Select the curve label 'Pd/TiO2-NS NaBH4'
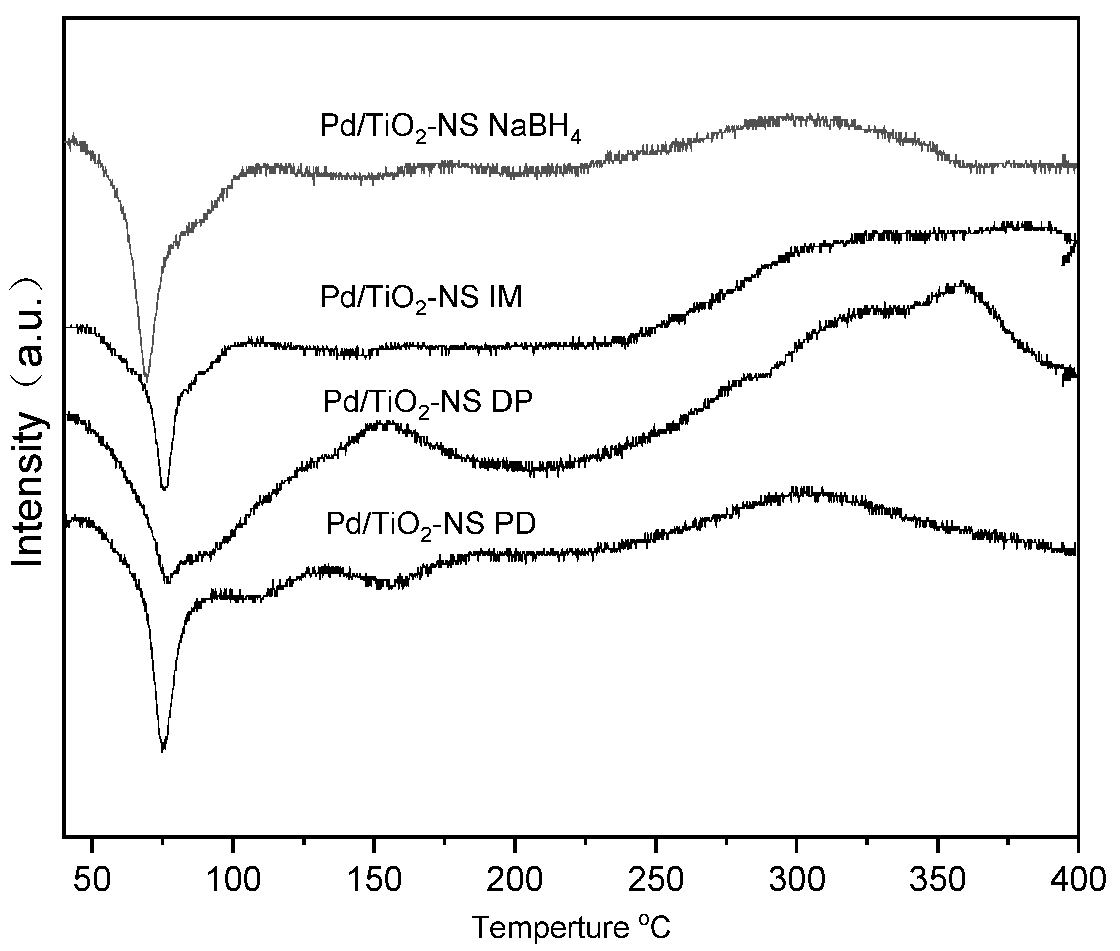coord(451,127)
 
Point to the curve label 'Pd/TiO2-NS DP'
coord(427,402)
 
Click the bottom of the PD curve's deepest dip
coord(163,748)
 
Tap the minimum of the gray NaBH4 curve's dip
coord(146,380)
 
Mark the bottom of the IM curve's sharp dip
coord(164,488)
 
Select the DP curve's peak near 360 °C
coord(960,284)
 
